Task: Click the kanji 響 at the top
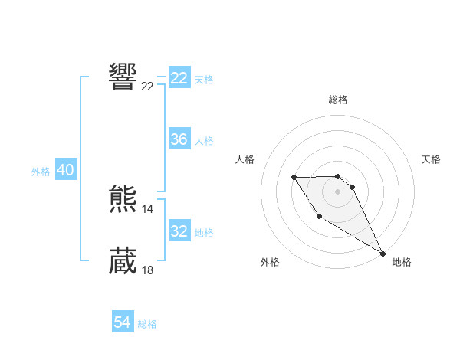[123, 77]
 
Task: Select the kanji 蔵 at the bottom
[123, 261]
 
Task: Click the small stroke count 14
[148, 209]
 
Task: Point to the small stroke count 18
[148, 270]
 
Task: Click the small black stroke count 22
[148, 87]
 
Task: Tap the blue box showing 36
[179, 139]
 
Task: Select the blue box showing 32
[179, 231]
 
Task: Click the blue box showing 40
[65, 170]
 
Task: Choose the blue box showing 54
[122, 323]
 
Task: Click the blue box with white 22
[179, 78]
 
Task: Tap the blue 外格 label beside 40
[41, 172]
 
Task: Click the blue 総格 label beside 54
[147, 324]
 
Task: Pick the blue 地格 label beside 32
[204, 233]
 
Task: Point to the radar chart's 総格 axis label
[338, 100]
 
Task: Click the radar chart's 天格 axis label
[432, 159]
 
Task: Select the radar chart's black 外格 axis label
[270, 262]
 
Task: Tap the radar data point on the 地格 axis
[383, 253]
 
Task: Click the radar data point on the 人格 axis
[294, 178]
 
